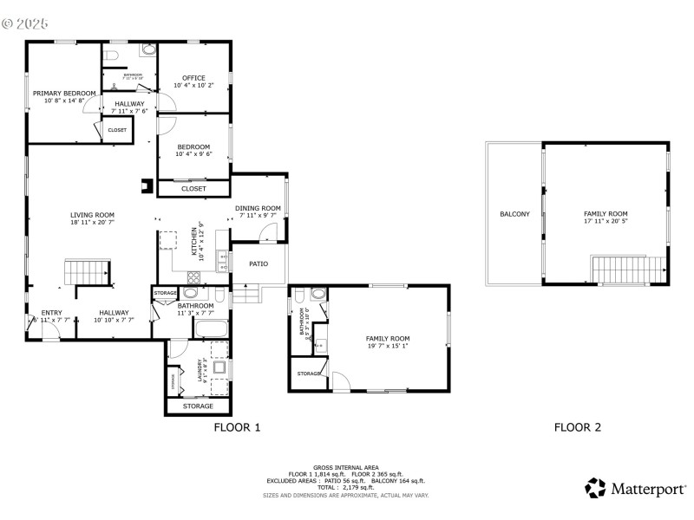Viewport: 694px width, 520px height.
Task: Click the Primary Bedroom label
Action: pos(64,93)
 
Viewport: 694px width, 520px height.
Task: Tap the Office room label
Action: pos(193,79)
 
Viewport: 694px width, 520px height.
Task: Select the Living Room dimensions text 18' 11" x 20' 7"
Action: pos(92,224)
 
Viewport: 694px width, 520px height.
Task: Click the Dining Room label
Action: pos(258,208)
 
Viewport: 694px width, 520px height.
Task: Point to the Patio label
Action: pos(259,263)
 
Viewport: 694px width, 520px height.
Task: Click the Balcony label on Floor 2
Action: pos(514,214)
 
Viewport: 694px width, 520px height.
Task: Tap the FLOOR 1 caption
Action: pos(237,427)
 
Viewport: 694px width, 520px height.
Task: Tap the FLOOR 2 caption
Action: pos(578,427)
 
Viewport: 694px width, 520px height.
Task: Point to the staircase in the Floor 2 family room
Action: pos(628,269)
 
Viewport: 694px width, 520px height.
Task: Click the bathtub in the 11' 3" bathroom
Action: pos(210,329)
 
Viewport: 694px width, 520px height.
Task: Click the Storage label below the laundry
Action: pos(198,406)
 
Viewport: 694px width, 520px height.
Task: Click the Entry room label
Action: pos(51,313)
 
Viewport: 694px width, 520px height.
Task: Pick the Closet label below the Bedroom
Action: pos(193,188)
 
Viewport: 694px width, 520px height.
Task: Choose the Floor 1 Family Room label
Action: pos(387,339)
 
